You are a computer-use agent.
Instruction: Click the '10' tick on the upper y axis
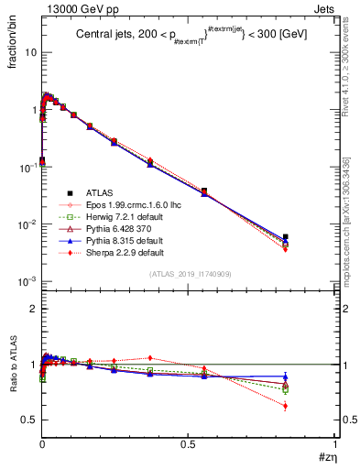(30, 52)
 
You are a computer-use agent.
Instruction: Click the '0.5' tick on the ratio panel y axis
(28, 420)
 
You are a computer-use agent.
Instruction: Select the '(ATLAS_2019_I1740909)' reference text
(190, 274)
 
